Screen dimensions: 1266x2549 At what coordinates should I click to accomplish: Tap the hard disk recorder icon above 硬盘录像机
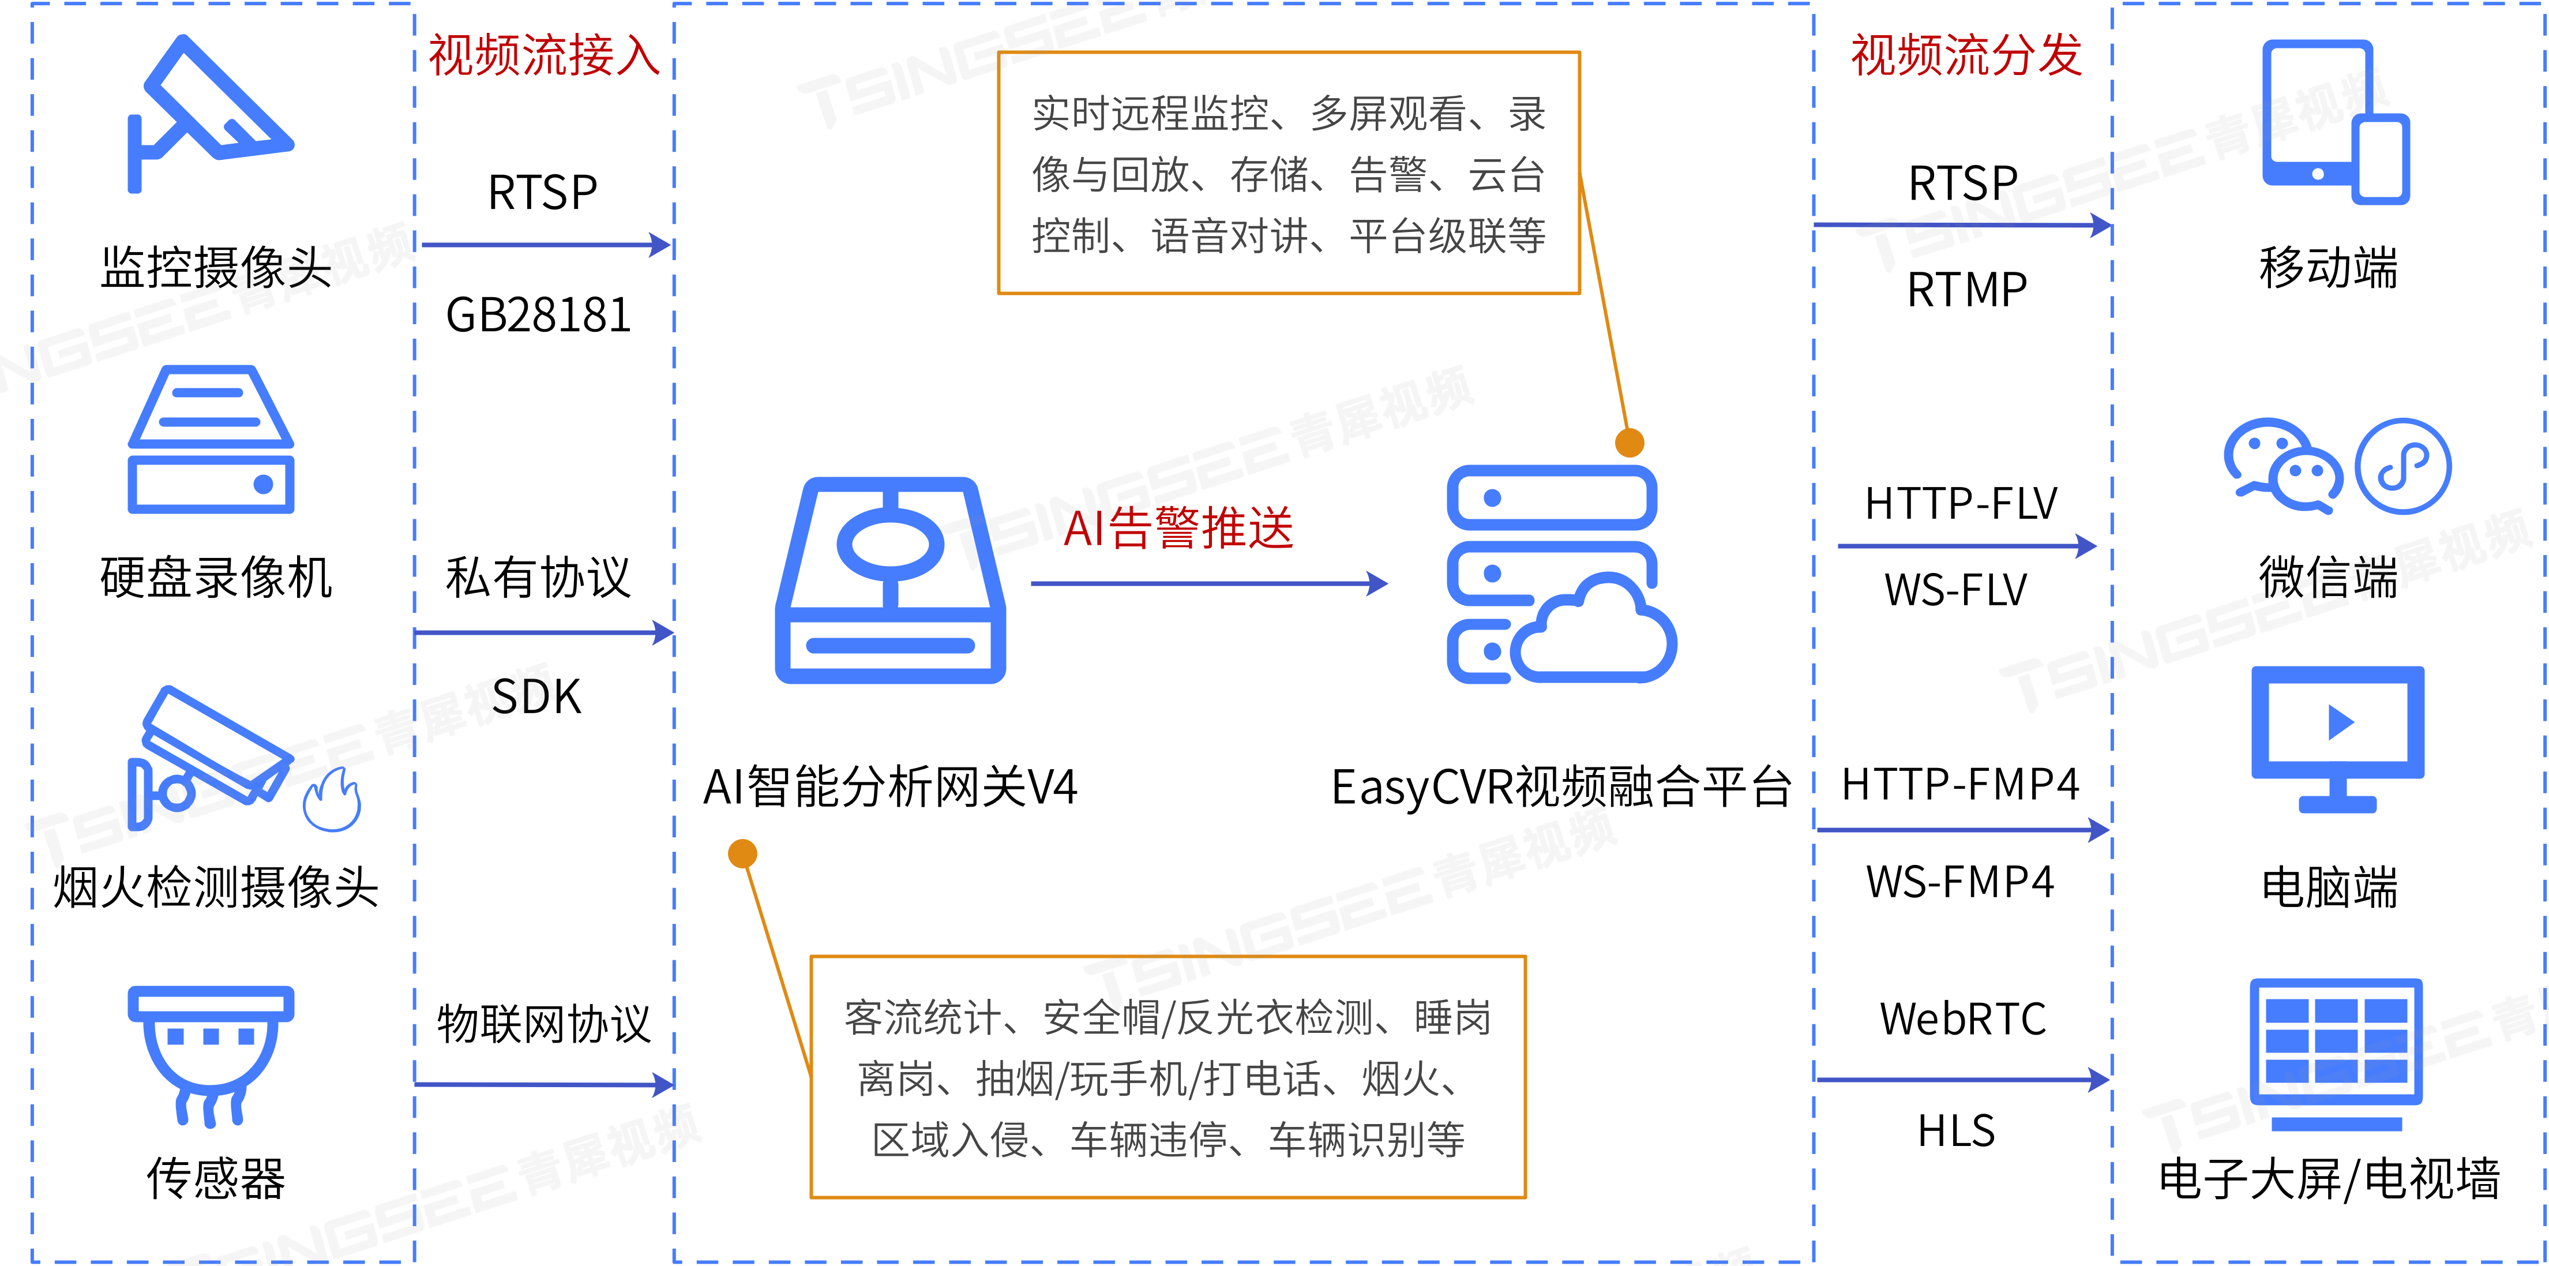click(x=211, y=440)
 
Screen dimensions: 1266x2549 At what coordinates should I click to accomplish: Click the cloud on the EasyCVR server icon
click(x=1595, y=634)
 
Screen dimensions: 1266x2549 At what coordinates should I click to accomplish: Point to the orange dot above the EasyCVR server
click(x=1630, y=443)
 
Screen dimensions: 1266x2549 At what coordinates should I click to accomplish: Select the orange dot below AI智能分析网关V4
click(x=743, y=853)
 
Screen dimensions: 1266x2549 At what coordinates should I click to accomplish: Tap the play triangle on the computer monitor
click(x=2340, y=722)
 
